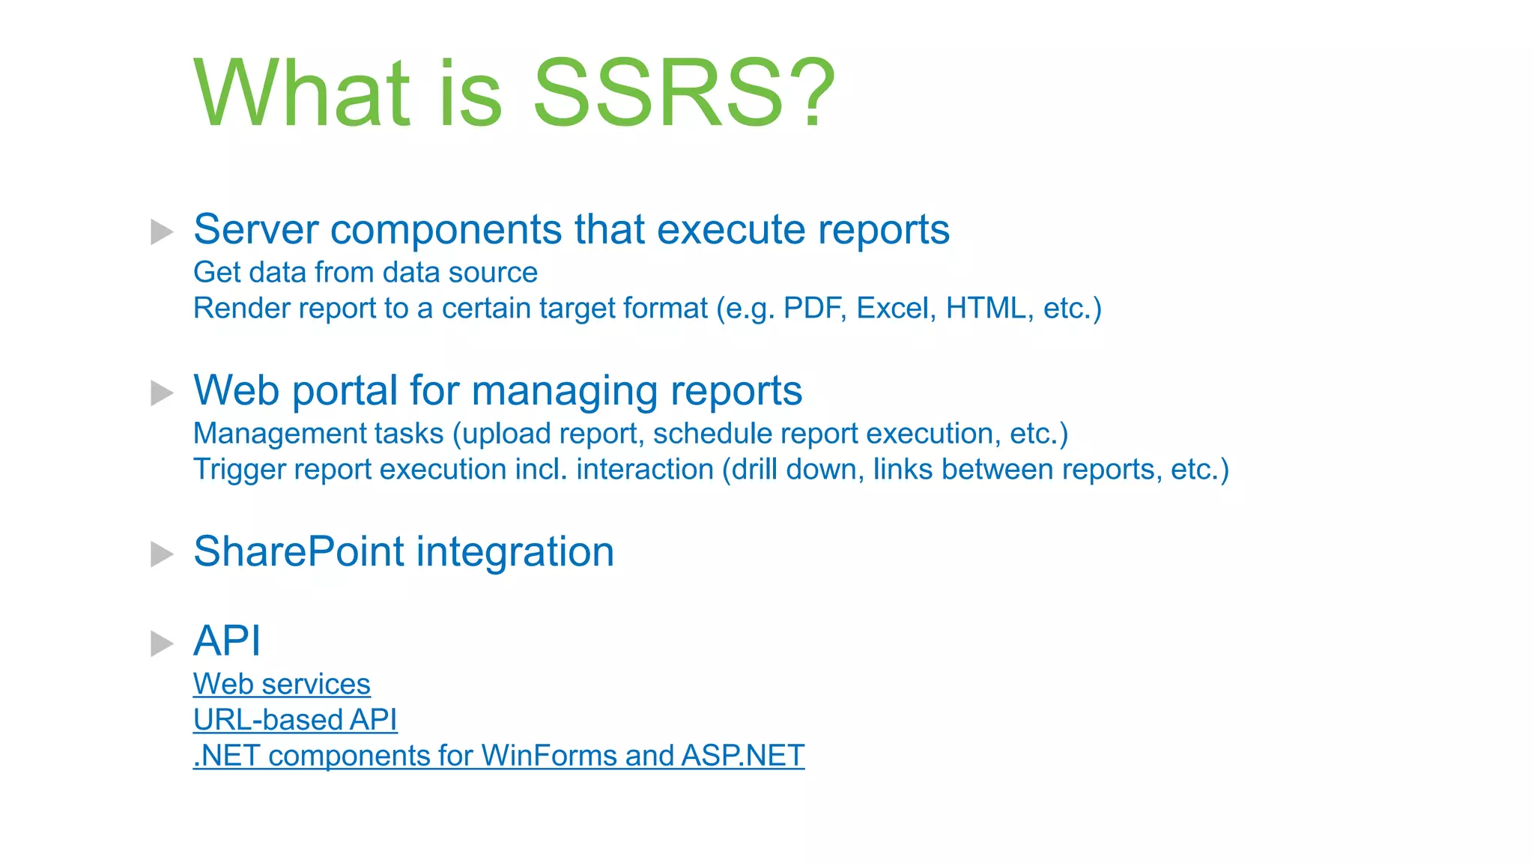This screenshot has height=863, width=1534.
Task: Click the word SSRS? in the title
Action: pyautogui.click(x=683, y=94)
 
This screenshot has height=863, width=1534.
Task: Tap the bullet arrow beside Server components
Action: pyautogui.click(x=162, y=231)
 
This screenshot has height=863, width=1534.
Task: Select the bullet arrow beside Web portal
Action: pyautogui.click(x=162, y=393)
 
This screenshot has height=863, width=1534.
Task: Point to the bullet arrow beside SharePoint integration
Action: pyautogui.click(x=162, y=554)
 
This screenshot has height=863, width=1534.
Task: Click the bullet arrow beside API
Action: pyautogui.click(x=162, y=643)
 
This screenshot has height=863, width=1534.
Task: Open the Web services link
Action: pyautogui.click(x=282, y=684)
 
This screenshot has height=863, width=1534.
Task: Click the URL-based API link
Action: pyautogui.click(x=295, y=720)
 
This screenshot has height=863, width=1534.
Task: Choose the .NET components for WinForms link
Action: pyautogui.click(x=498, y=756)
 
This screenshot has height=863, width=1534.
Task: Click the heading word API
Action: pyautogui.click(x=227, y=641)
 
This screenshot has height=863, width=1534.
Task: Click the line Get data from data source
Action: pyautogui.click(x=366, y=273)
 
